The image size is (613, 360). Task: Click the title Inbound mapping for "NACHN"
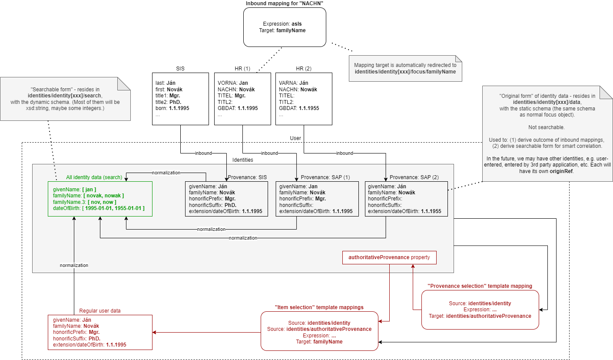point(285,3)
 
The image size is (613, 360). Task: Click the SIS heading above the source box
point(180,69)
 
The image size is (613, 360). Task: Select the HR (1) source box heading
point(242,69)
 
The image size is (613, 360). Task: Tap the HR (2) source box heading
point(303,69)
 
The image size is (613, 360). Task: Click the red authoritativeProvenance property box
point(389,257)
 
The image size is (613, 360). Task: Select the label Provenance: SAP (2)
point(408,177)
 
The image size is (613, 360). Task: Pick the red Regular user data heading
point(100,311)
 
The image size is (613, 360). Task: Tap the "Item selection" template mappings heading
point(319,307)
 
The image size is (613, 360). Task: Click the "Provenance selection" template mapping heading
point(480,286)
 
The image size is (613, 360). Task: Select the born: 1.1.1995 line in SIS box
point(172,108)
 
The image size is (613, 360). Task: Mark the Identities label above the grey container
point(243,160)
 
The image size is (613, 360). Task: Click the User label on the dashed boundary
point(295,138)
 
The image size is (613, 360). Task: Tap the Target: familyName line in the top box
point(285,31)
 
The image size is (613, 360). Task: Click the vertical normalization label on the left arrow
point(74,265)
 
